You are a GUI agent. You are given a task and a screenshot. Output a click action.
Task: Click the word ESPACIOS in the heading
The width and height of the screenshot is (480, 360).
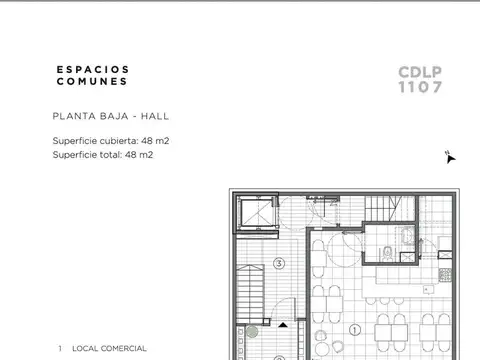[x=92, y=69]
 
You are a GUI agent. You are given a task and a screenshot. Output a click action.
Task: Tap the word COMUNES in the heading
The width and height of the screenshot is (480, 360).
[x=92, y=81]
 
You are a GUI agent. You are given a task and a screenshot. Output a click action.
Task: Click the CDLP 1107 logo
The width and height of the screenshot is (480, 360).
[x=420, y=79]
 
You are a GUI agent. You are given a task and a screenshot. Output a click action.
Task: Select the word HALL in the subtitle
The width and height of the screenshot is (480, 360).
[x=155, y=116]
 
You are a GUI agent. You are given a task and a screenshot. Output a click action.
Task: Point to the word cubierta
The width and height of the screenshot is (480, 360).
[x=119, y=141]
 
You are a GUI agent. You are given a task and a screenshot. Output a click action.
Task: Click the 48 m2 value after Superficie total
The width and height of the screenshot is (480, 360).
[x=139, y=155]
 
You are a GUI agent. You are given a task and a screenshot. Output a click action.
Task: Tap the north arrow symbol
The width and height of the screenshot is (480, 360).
[x=450, y=157]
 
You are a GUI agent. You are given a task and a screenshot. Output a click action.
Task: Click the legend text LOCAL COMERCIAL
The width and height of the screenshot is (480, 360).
[x=109, y=348]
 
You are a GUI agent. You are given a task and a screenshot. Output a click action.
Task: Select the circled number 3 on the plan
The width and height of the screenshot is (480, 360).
[x=279, y=264]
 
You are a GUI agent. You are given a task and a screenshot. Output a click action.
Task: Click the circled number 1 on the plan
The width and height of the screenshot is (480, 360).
[x=355, y=330]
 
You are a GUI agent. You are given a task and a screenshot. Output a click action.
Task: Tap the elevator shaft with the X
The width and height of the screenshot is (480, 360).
[x=257, y=212]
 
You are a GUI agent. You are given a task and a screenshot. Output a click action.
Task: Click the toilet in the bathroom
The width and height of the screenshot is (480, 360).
[x=387, y=253]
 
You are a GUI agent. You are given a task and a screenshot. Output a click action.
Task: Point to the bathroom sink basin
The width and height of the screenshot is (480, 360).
[x=407, y=235]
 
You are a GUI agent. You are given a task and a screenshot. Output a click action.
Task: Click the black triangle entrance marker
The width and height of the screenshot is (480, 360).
[x=283, y=325]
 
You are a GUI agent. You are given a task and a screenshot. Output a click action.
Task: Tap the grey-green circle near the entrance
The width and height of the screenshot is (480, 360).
[x=252, y=332]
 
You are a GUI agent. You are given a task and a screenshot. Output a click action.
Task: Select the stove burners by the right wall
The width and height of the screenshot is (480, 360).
[x=445, y=275]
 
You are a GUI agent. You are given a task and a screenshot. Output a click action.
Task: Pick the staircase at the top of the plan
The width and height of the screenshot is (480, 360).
[x=383, y=208]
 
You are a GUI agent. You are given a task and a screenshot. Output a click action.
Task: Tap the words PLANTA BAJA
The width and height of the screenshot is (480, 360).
[x=90, y=116]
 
